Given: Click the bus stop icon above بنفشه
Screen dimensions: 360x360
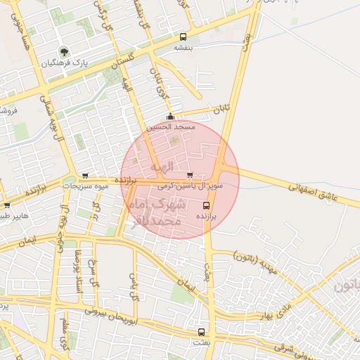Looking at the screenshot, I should click(184, 37).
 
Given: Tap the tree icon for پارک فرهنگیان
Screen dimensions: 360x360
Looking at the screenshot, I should click(64, 51).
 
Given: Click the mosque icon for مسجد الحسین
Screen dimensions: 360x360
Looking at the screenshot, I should click(169, 117).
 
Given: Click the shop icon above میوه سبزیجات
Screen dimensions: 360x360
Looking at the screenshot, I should click(85, 176).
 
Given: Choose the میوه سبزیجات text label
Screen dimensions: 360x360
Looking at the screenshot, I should click(86, 186).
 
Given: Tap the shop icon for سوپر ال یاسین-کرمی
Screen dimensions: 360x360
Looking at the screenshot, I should click(189, 175).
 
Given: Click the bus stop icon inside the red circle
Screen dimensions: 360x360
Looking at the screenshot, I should click(206, 205).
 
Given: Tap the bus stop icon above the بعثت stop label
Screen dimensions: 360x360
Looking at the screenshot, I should click(202, 331).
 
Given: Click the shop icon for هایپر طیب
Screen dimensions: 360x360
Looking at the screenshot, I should click(7, 205).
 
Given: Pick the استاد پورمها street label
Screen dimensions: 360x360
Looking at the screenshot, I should click(79, 270).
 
